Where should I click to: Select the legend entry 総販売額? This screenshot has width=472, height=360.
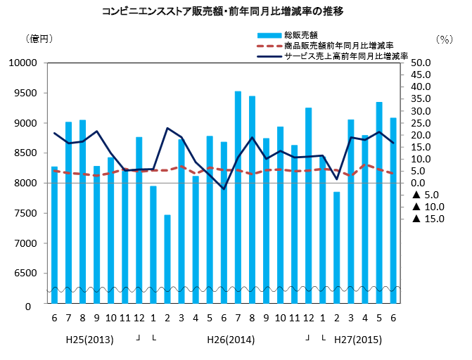(300, 34)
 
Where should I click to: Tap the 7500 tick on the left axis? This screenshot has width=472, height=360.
(25, 214)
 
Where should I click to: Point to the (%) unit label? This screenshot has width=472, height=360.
(445, 39)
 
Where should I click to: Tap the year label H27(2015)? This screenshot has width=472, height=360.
(358, 340)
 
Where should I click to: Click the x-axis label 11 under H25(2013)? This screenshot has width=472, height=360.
(125, 319)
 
